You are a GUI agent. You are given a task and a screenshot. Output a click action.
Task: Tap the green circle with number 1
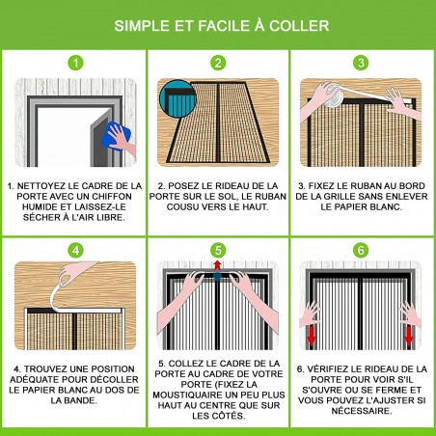[74, 64]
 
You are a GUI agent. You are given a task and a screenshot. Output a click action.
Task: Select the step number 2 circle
[218, 64]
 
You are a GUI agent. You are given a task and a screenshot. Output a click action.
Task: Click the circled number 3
[361, 64]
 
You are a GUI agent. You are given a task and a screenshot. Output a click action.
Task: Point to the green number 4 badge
[74, 249]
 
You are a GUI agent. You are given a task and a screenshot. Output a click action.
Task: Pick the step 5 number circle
[218, 249]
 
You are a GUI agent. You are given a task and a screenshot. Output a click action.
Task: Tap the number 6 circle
[361, 249]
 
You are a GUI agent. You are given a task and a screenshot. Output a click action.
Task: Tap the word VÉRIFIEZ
[330, 369]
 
